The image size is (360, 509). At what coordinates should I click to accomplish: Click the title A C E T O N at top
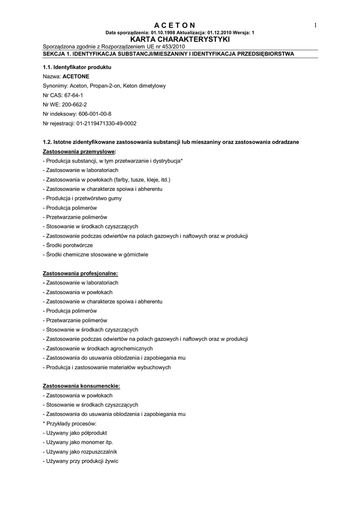(175, 25)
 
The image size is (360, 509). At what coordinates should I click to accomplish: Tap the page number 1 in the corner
(315, 25)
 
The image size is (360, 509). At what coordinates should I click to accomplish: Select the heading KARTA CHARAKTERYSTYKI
(180, 39)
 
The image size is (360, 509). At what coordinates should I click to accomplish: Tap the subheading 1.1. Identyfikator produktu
(77, 67)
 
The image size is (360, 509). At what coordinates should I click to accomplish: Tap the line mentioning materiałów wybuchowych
(107, 367)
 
